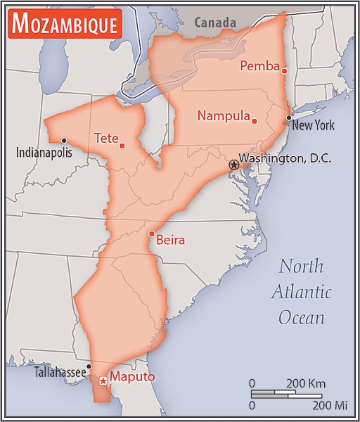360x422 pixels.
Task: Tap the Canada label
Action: coord(217,23)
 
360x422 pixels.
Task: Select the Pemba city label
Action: coord(259,66)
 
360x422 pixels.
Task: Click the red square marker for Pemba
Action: coord(285,70)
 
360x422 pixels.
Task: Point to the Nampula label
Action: coord(223,116)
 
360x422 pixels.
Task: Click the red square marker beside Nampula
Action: coord(255,121)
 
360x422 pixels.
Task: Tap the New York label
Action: coord(313,126)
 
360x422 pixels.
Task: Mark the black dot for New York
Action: coord(288,117)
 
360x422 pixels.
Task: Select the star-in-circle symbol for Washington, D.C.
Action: coord(233,164)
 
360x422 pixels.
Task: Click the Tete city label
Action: coord(105,139)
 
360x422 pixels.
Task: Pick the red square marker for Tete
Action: coord(122,146)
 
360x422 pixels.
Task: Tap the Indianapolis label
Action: coord(44,153)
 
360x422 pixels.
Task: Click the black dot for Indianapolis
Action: coord(63,140)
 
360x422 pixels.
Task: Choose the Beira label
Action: coord(170,241)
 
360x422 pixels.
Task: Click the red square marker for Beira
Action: coord(151,234)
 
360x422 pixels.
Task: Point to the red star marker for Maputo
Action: coord(103,381)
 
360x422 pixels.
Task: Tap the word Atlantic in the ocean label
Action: coord(302,292)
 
